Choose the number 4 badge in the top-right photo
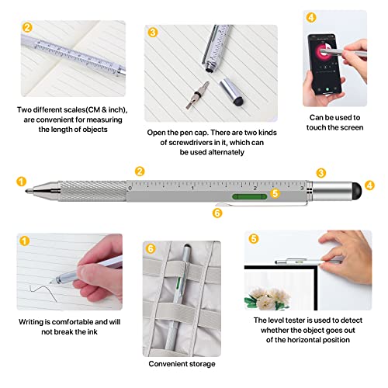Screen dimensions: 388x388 pos(310,17)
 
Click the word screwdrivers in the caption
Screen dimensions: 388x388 pos(182,143)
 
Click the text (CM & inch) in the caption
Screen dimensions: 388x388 pos(100,109)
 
